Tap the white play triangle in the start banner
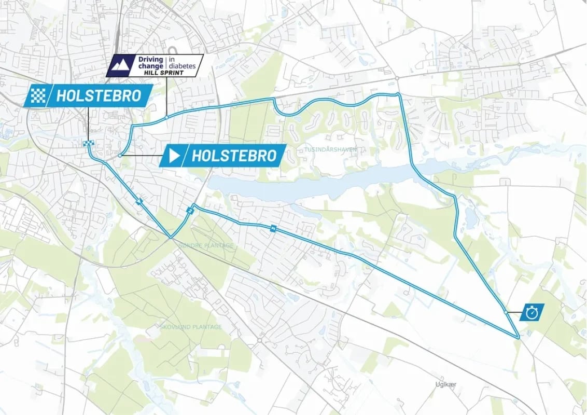click(x=175, y=155)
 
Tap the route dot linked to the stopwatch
click(x=506, y=312)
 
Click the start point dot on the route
click(x=120, y=155)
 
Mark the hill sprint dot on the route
click(x=165, y=118)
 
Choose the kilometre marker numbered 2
click(x=190, y=210)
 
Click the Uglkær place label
click(x=444, y=384)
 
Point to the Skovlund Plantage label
click(x=191, y=327)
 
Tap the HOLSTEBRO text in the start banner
click(x=234, y=155)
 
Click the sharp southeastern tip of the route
click(x=518, y=338)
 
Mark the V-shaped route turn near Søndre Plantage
click(x=171, y=237)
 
